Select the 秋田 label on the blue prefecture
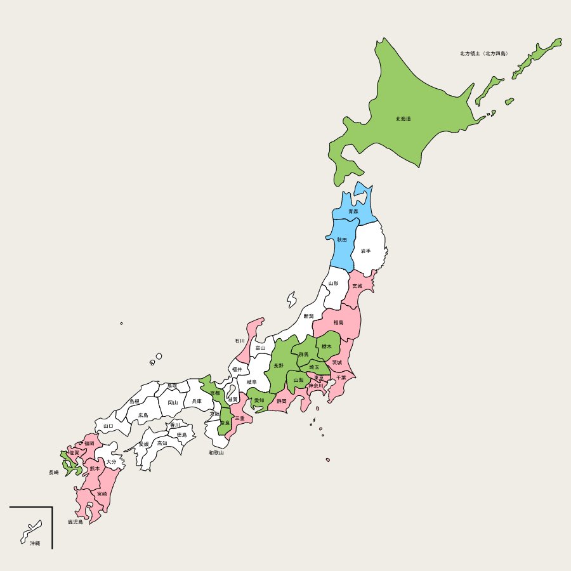pos(342,240)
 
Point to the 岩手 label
pos(365,251)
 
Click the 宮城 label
pos(357,286)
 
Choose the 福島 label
pos(338,322)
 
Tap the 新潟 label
pos(308,316)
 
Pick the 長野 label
pos(279,366)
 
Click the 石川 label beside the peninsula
pos(239,341)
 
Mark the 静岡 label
pos(281,401)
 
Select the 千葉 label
pos(341,377)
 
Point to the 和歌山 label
pos(216,453)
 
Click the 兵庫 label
pos(197,401)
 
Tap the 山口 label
pos(108,426)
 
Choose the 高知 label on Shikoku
pos(162,443)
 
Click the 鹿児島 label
pos(75,522)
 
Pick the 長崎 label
pos(54,472)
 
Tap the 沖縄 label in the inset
pos(34,543)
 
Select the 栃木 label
pos(327,346)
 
